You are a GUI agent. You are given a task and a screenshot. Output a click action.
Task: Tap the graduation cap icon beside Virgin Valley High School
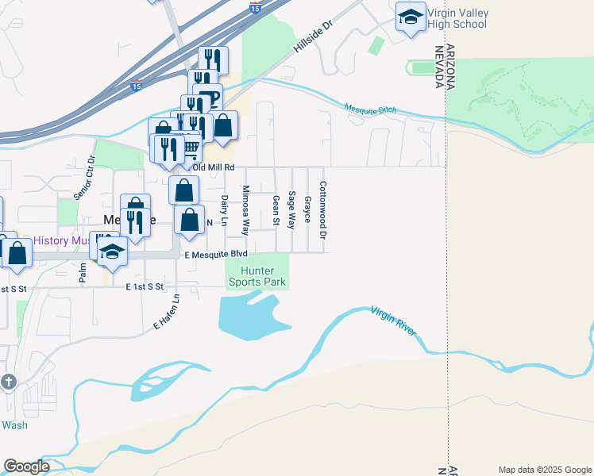410,17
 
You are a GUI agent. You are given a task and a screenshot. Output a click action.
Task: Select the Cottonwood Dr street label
323,210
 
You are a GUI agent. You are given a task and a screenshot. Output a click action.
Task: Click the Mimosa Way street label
245,211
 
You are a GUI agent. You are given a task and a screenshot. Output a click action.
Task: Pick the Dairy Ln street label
225,209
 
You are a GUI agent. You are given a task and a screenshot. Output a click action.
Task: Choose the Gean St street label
276,209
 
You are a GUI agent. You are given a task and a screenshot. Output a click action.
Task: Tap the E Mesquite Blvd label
216,255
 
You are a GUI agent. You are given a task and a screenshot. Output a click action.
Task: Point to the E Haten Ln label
167,312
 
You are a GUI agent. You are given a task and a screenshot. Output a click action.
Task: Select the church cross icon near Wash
9,382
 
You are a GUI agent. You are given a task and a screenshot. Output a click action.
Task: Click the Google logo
26,466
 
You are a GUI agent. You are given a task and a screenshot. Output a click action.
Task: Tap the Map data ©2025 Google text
546,470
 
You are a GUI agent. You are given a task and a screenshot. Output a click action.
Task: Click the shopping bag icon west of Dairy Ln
189,221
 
